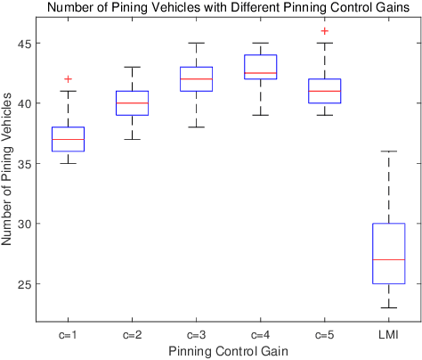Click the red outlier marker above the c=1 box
(x=68, y=79)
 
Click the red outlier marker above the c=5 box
(x=324, y=31)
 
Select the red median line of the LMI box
(x=388, y=259)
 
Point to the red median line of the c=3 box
(x=196, y=79)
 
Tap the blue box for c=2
(x=132, y=102)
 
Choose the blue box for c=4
(x=260, y=68)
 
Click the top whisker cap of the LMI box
(x=388, y=151)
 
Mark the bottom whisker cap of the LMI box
(x=388, y=307)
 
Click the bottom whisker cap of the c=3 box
(x=196, y=127)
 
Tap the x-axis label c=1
(x=68, y=335)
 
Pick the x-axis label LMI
(x=388, y=335)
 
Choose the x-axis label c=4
(x=260, y=335)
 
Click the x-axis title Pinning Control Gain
(x=228, y=351)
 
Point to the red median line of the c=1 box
(x=68, y=139)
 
